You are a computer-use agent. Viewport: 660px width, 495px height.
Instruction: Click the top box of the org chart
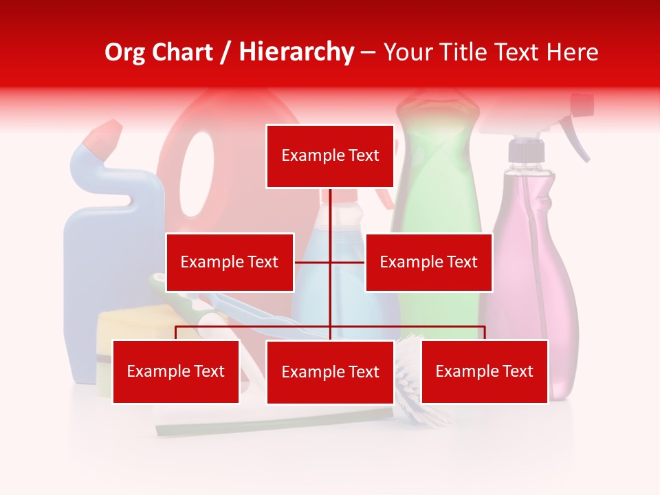coord(330,156)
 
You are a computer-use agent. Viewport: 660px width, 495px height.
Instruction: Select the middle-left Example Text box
coord(230,262)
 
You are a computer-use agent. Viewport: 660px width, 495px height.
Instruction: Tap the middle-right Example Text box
coord(428,262)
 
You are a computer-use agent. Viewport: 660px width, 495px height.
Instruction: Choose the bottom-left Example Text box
coord(176,371)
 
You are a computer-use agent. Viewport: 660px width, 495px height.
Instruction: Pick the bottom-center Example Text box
coord(330,372)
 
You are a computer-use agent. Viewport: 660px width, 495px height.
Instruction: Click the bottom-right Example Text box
coord(484,371)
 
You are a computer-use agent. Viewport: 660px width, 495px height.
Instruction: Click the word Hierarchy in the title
coord(296,52)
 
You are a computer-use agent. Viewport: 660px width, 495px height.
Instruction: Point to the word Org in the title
coord(124,52)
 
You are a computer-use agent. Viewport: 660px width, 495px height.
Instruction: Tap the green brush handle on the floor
coord(275,421)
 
